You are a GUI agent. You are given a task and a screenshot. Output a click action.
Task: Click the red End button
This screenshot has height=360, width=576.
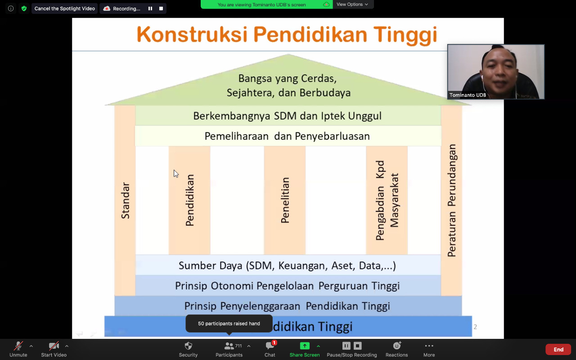point(558,350)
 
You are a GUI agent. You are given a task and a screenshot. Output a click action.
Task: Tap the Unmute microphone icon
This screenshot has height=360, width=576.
point(18,346)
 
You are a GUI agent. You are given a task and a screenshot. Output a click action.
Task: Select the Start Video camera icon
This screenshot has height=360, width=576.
point(54,346)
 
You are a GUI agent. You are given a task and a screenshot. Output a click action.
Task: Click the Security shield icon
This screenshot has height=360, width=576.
point(188,346)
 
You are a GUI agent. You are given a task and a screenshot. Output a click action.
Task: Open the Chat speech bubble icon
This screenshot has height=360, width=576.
point(270,346)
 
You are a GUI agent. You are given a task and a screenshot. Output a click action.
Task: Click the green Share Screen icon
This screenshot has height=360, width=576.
point(305,346)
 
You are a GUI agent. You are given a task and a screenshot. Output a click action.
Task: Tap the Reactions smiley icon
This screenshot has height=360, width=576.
point(397,346)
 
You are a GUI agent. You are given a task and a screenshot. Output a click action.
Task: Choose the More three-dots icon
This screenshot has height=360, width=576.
point(429,346)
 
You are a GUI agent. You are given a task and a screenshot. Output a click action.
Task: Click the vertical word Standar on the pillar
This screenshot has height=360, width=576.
point(126,201)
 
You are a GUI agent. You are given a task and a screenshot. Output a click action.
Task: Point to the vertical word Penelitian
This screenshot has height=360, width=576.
point(285,200)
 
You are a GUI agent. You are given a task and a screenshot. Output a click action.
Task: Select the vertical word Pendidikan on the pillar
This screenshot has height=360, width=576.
point(190,200)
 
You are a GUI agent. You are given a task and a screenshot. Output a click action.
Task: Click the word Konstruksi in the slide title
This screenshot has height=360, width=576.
point(192,35)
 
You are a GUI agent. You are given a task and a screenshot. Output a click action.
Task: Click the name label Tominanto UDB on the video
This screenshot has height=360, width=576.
point(468,95)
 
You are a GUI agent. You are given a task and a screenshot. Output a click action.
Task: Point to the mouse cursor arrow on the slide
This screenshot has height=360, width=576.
point(176,174)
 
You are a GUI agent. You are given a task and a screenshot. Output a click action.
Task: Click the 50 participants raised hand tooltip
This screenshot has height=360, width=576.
point(229,324)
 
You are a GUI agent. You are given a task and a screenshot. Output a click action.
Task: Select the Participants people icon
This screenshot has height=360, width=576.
point(229,346)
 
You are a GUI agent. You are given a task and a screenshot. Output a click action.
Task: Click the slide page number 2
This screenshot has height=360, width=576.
point(475,327)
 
